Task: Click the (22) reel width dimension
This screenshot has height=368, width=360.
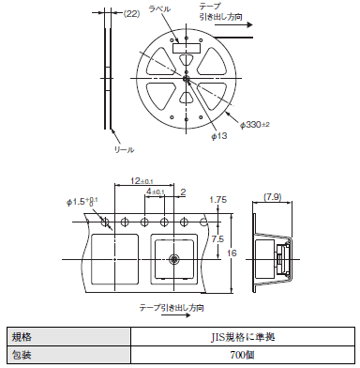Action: coord(131,13)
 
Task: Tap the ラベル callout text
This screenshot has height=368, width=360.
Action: coord(159,8)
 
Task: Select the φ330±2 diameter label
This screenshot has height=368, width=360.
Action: coord(255,125)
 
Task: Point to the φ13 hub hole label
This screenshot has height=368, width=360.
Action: coord(219,136)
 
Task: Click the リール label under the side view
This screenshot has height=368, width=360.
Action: coord(124,149)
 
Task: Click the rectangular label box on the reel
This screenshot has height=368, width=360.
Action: coord(187,48)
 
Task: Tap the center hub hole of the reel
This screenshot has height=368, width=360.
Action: coord(187,78)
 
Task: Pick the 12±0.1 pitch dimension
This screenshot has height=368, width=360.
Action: coord(142,181)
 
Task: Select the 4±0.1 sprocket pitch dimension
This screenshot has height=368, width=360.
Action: coord(156,192)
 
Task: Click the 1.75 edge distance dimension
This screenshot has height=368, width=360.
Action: coord(218,200)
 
